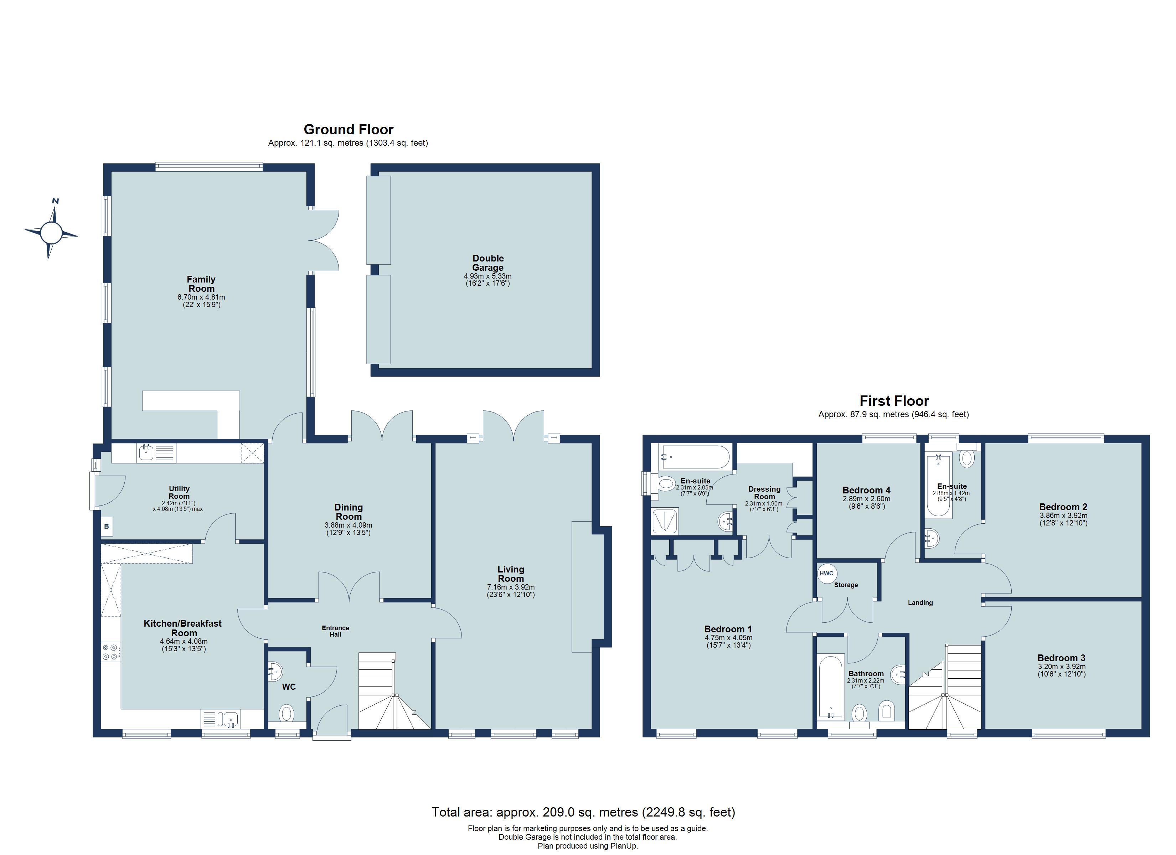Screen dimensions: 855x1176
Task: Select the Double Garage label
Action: point(488,263)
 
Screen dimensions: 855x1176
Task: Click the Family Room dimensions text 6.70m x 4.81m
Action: point(201,297)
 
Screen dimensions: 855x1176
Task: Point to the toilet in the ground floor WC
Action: point(286,713)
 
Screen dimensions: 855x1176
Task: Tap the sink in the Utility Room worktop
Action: point(146,453)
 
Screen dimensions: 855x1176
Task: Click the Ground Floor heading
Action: point(349,129)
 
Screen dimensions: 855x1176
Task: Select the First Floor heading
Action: point(894,401)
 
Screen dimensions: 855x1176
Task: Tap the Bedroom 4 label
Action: point(866,490)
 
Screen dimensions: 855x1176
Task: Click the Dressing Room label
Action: point(764,493)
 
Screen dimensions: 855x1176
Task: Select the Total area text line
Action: point(583,812)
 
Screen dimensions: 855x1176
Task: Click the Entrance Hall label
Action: point(335,631)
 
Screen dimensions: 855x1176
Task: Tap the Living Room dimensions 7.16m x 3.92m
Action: point(511,587)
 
